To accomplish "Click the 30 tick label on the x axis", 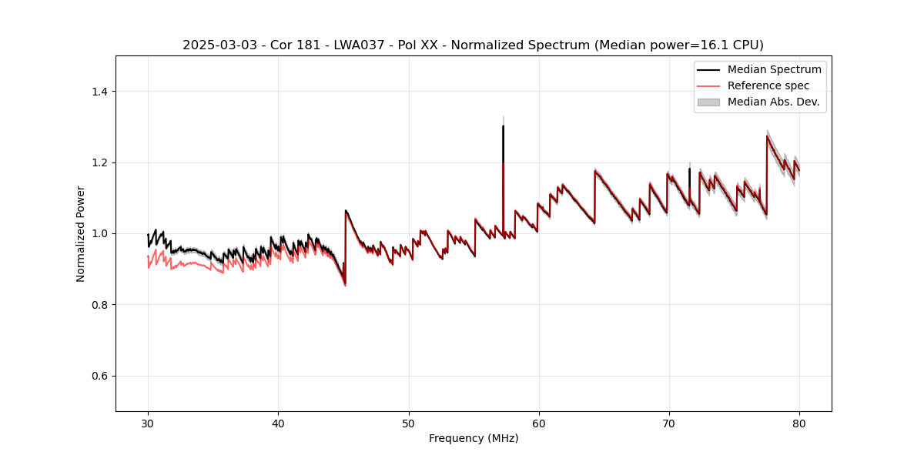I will click(x=148, y=423).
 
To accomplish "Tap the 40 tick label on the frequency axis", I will click(x=278, y=423).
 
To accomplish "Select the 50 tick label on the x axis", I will click(x=408, y=423).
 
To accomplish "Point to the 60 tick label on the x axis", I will click(x=539, y=423).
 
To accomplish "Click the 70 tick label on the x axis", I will click(x=669, y=423).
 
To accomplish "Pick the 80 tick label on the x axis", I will click(x=799, y=423).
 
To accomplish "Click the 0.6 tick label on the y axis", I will click(x=99, y=376).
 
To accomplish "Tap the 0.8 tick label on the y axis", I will click(x=99, y=305).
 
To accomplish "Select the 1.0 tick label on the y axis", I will click(x=99, y=233).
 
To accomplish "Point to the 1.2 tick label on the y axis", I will click(x=99, y=162).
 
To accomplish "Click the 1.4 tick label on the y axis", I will click(x=99, y=92).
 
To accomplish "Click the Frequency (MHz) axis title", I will click(x=474, y=438).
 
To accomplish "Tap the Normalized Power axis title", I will click(x=81, y=233).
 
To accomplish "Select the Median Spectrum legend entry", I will click(x=774, y=69).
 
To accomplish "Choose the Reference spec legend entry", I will click(x=768, y=85).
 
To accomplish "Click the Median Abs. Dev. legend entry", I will click(x=773, y=102).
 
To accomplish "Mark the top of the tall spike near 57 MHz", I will click(x=503, y=126).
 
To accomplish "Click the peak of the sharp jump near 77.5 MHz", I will click(x=767, y=136).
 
